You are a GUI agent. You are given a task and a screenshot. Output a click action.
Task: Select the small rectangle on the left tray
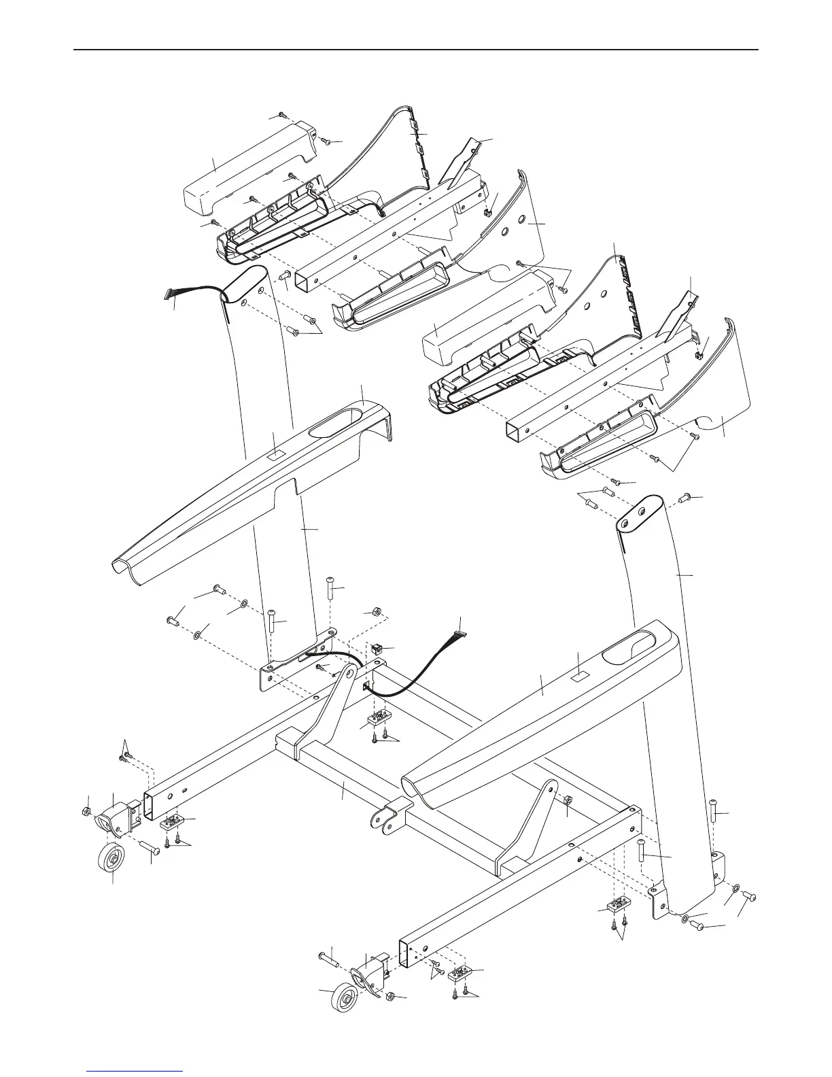coord(275,451)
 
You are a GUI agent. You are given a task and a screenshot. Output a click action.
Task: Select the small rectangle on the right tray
coord(578,677)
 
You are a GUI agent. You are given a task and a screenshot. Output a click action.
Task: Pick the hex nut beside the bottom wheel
coord(392,997)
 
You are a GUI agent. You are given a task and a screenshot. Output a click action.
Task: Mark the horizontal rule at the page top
coord(415,49)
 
